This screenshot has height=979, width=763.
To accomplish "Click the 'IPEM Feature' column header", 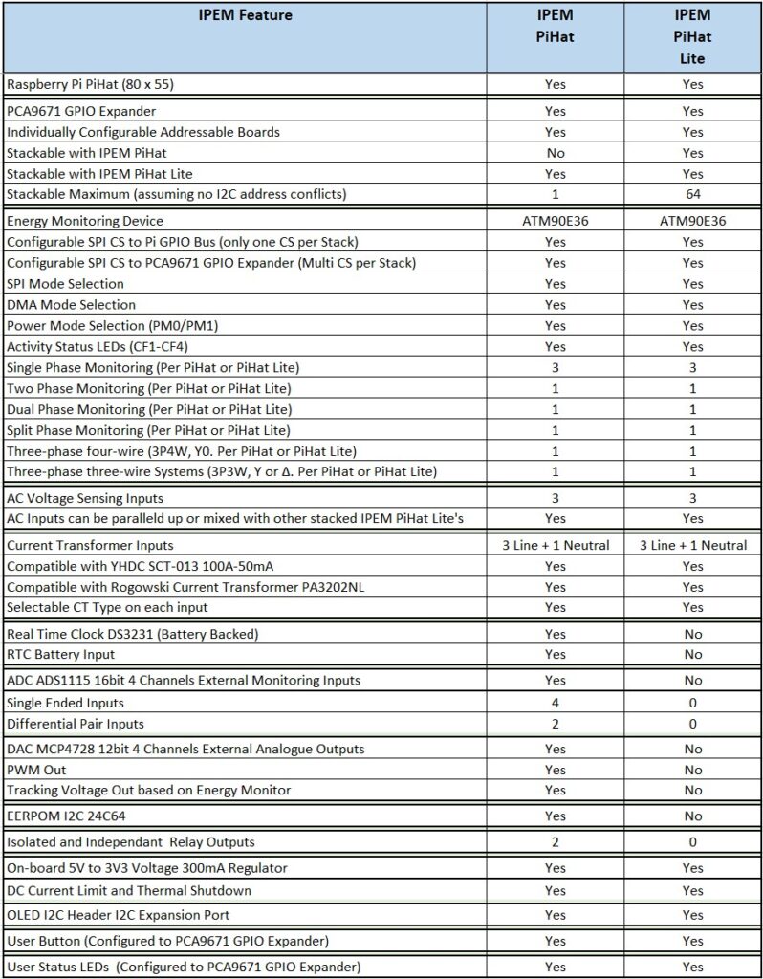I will (245, 15).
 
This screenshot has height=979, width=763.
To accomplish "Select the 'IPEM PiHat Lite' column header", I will (692, 36).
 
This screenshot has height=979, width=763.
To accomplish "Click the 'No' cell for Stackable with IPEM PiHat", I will (555, 153).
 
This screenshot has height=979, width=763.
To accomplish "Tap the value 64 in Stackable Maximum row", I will (692, 195).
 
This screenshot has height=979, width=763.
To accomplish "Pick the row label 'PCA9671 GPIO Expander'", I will (81, 111).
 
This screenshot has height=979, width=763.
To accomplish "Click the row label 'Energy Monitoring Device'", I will (85, 221).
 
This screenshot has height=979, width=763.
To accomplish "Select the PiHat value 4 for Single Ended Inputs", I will (555, 703).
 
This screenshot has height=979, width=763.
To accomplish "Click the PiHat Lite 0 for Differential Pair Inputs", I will (692, 724).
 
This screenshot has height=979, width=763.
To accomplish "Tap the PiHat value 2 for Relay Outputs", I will (555, 842).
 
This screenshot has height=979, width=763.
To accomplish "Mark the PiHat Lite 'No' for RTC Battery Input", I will (692, 655).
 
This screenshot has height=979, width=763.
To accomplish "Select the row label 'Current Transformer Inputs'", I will (90, 545).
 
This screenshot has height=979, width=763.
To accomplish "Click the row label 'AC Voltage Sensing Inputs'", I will (85, 498).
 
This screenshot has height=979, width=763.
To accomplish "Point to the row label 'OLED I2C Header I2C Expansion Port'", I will (120, 915).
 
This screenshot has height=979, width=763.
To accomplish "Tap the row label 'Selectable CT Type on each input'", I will (106, 607).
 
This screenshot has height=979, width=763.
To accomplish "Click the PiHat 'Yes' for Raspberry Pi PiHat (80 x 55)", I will (555, 84).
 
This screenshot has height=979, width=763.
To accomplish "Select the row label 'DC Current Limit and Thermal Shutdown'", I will (129, 890).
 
